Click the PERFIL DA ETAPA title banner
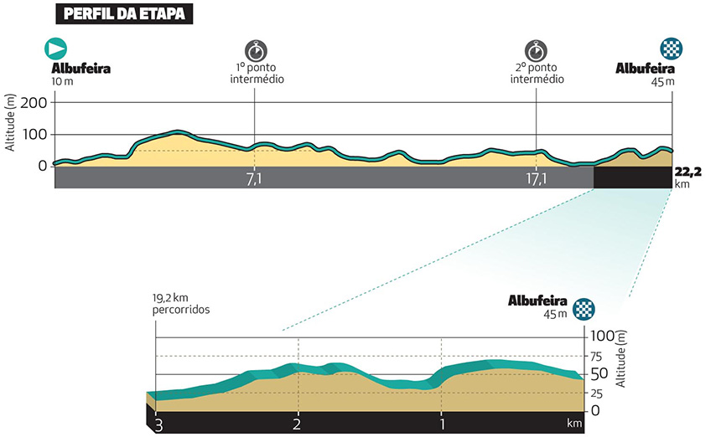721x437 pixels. pyautogui.click(x=126, y=14)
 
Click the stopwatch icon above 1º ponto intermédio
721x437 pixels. pyautogui.click(x=254, y=48)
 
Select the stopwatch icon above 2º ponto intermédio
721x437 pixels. pyautogui.click(x=536, y=48)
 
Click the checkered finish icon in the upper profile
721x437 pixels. pyautogui.click(x=670, y=48)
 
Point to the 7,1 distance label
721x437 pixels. pyautogui.click(x=254, y=177)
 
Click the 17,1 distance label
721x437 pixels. pyautogui.click(x=536, y=177)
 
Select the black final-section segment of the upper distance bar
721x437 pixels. pyautogui.click(x=632, y=177)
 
